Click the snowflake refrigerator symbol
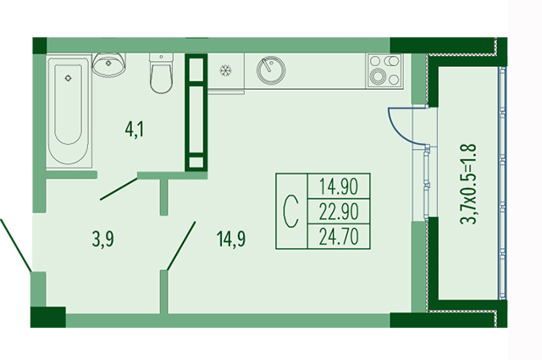click(226, 70)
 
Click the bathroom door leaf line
click(119, 188)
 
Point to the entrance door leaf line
click(18, 243)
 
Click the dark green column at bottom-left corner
click(47, 317)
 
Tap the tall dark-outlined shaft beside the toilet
click(196, 112)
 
